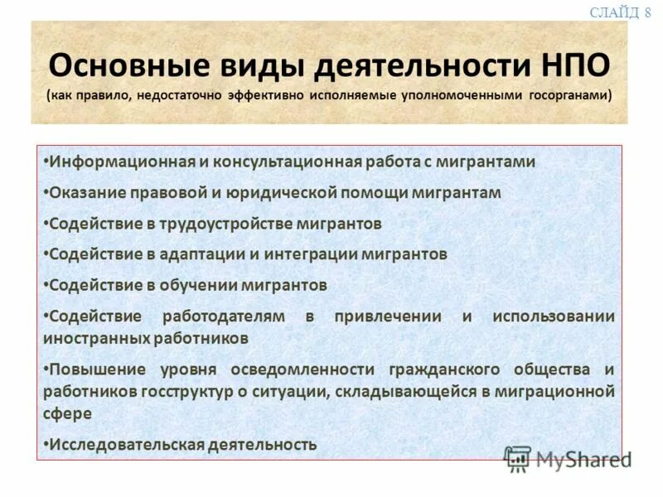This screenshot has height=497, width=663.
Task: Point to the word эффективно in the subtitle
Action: coord(265,94)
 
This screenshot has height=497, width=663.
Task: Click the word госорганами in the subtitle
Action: coord(567,94)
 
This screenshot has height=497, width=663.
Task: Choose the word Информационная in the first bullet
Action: coord(121,162)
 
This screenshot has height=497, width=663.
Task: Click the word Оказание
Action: coord(86,192)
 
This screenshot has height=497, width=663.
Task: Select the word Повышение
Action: coord(97,369)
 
